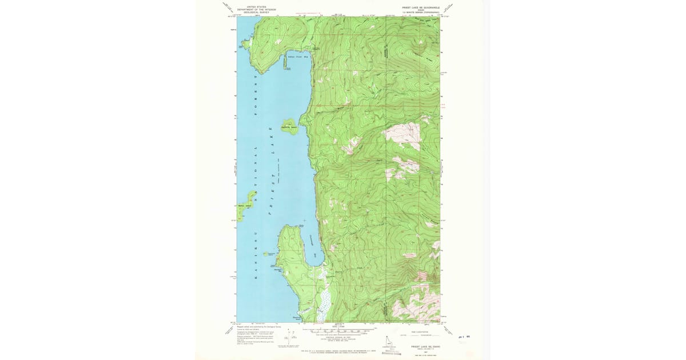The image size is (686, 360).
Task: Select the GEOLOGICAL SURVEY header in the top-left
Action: coord(257,12)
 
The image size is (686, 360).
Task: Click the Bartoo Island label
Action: coord(245,206)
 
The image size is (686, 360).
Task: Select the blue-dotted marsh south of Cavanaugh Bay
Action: coord(324,300)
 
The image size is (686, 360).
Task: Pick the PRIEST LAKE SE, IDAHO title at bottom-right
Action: coord(422,346)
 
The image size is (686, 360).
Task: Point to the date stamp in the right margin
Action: coord(464,338)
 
